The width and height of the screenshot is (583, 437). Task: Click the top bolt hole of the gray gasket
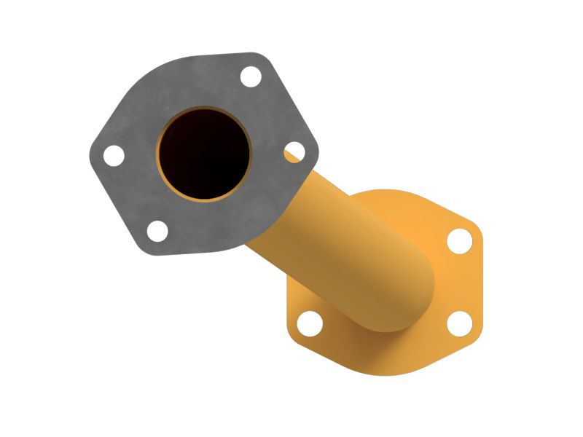[251, 76]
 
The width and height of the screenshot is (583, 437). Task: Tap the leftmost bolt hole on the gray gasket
[114, 155]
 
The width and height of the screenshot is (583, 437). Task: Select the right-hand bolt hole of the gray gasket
[294, 151]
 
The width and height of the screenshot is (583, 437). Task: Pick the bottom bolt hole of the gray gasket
[157, 231]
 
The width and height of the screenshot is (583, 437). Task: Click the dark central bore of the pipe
[205, 154]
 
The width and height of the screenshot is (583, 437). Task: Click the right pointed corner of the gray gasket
[318, 153]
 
